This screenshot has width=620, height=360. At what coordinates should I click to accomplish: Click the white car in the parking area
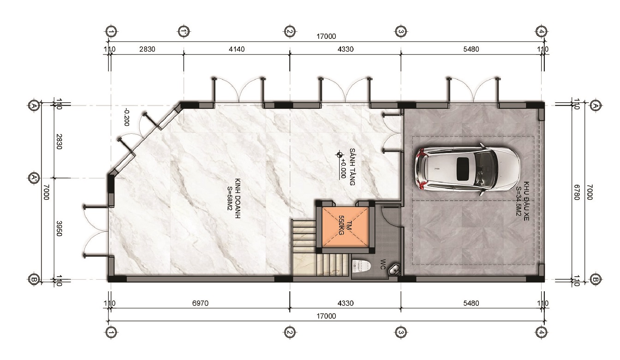tap(467, 169)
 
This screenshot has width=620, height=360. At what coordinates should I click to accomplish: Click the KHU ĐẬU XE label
tap(523, 201)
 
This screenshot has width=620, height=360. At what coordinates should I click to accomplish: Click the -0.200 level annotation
tap(127, 118)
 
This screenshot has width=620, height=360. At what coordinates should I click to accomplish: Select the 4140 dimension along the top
tap(237, 49)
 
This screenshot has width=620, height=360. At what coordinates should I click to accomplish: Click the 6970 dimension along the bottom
tap(200, 303)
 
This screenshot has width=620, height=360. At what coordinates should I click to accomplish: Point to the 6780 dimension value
tap(577, 192)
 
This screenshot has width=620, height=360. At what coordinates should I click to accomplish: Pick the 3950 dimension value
tap(59, 228)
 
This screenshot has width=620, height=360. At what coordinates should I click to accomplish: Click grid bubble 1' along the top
tap(183, 31)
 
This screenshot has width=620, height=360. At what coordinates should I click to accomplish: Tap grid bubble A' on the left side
tap(34, 177)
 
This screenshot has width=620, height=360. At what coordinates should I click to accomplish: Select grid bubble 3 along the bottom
tap(401, 332)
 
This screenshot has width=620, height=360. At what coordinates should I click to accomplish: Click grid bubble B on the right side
tap(595, 279)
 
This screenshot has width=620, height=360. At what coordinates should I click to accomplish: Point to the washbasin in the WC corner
tap(394, 269)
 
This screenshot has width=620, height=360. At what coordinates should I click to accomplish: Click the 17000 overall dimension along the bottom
tap(326, 316)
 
